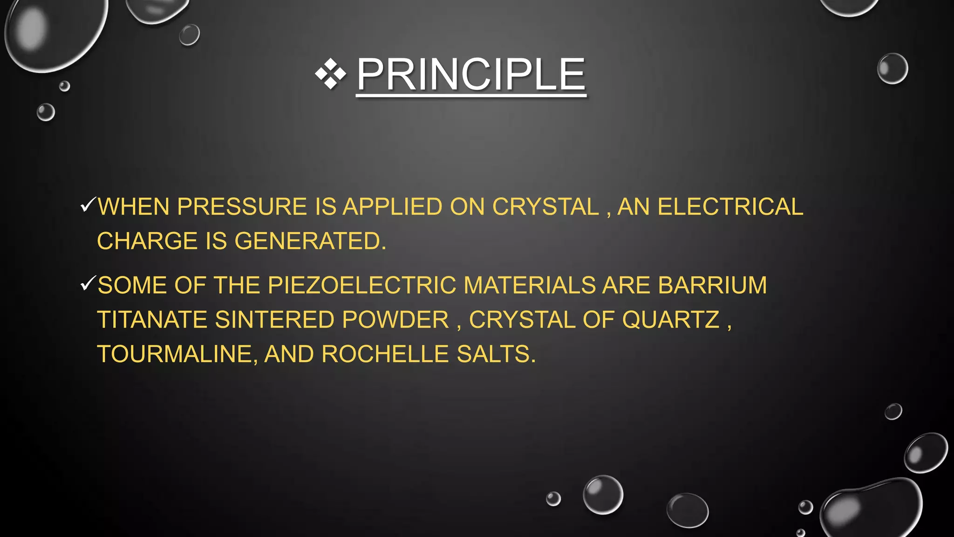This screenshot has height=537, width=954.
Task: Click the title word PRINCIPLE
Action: click(x=470, y=75)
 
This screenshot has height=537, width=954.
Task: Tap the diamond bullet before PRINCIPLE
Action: click(x=331, y=74)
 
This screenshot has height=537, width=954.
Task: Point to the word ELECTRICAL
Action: click(x=730, y=207)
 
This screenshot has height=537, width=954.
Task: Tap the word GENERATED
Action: click(x=310, y=241)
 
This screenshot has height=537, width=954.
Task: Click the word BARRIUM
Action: click(x=712, y=285)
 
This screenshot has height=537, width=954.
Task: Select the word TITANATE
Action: click(x=152, y=320)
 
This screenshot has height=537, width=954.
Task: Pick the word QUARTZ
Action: click(x=671, y=320)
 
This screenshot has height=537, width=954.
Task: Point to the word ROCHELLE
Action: click(x=385, y=354)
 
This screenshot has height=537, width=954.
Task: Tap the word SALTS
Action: click(x=496, y=354)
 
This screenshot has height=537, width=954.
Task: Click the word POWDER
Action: click(x=395, y=320)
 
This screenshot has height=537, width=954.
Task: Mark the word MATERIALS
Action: click(x=530, y=285)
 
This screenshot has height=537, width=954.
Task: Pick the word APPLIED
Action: click(x=393, y=207)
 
